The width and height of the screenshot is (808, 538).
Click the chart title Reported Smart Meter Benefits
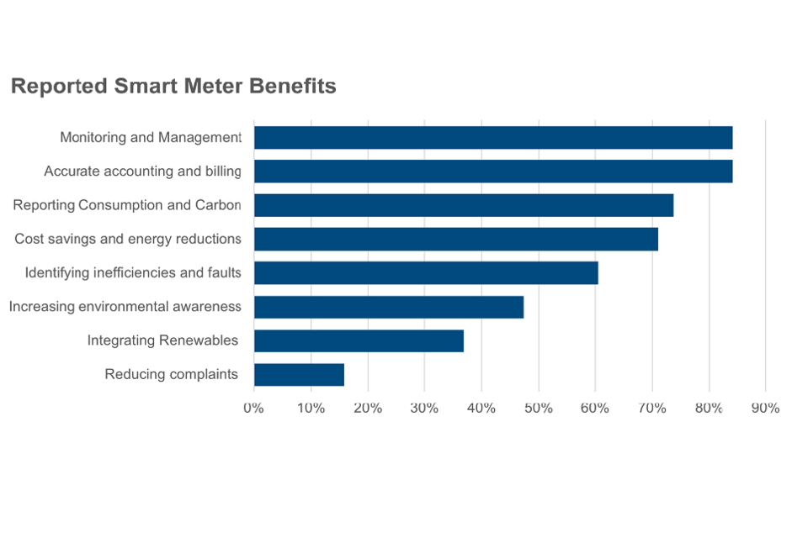click(x=173, y=86)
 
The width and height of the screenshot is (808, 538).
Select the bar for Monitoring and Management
click(x=492, y=137)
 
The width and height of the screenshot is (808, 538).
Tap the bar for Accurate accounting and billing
click(x=492, y=171)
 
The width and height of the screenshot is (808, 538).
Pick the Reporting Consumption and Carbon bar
click(x=463, y=205)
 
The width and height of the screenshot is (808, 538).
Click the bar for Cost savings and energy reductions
click(x=455, y=239)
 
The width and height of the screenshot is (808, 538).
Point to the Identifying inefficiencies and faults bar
click(x=426, y=273)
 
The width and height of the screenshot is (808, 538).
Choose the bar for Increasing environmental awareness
click(x=388, y=307)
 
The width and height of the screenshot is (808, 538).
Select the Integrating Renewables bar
click(x=359, y=340)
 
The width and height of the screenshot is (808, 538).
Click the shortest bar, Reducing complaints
click(x=299, y=375)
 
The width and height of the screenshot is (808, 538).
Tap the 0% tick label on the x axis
click(x=253, y=408)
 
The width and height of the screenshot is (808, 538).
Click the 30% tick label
click(x=424, y=408)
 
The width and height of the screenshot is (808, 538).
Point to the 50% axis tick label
click(x=538, y=408)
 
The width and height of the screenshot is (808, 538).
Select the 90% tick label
click(x=765, y=408)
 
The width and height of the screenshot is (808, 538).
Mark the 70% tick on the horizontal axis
click(x=651, y=408)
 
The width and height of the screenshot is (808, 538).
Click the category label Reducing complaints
click(x=171, y=374)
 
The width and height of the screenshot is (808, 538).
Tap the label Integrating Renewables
click(x=162, y=340)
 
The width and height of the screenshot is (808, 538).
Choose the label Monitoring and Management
click(x=151, y=137)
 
